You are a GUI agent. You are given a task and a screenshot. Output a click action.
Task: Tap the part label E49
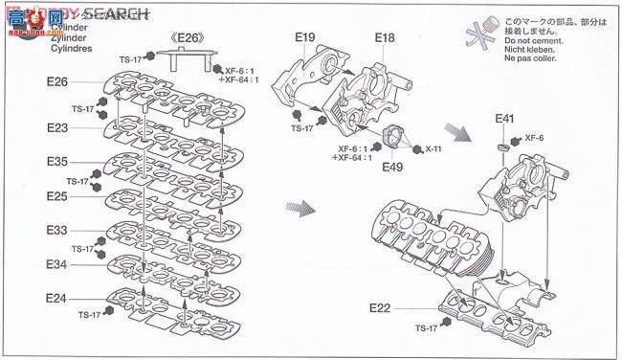391,167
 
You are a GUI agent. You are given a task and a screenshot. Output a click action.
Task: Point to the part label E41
504,119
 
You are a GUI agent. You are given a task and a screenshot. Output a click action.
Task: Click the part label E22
380,307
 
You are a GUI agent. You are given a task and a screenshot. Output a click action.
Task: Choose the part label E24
56,298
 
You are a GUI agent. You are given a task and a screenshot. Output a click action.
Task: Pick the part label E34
56,263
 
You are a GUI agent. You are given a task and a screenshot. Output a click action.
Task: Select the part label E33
56,231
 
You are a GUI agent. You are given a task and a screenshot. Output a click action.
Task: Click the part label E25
56,196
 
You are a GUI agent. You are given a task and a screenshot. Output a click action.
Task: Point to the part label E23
56,126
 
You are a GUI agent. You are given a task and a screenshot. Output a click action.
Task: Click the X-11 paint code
433,149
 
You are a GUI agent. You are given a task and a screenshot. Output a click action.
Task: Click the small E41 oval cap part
504,148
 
